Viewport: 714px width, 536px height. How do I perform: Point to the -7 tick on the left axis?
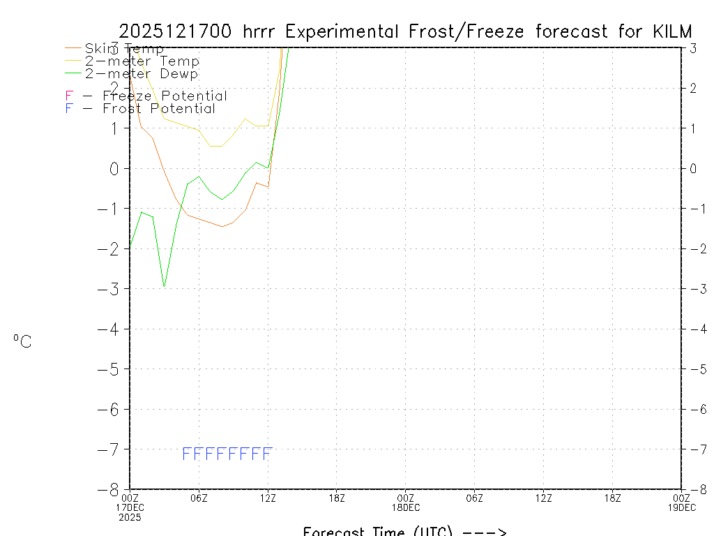coord(114,449)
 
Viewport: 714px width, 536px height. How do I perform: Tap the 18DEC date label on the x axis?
coord(406,507)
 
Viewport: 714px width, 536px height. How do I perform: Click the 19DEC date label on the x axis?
coord(681,507)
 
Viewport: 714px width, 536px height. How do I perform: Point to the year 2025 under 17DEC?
coord(130,517)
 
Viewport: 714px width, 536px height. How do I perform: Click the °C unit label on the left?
coord(22,341)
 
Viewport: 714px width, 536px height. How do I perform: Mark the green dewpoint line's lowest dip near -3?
coord(164,286)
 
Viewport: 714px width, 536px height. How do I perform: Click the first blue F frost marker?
coord(186,454)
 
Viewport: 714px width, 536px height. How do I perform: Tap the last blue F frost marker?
coord(266,454)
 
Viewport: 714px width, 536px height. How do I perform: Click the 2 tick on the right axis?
coord(692,88)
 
